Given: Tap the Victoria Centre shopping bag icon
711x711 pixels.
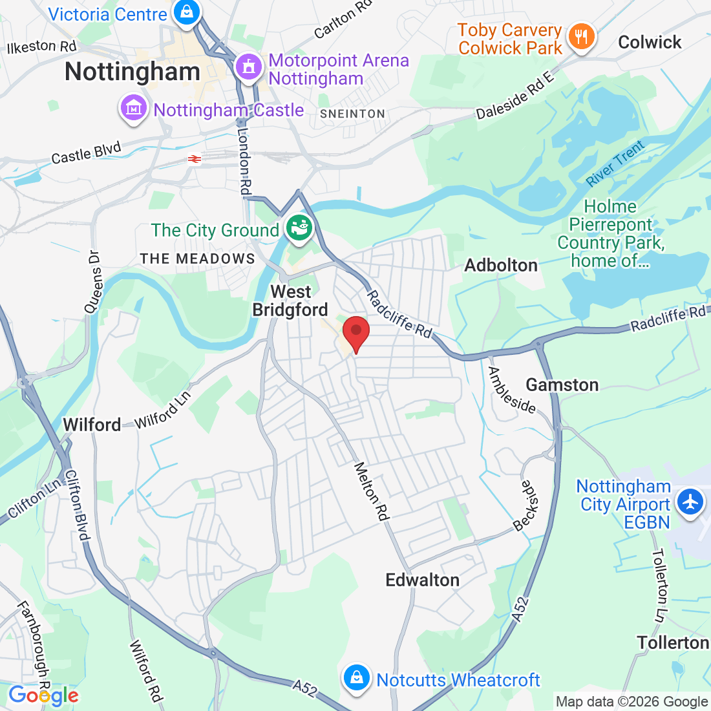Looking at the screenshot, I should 187,13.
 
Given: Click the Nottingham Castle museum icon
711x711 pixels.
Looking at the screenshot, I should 134,109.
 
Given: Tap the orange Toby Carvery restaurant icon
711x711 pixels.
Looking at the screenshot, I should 582,37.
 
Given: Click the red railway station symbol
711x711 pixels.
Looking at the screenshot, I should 195,158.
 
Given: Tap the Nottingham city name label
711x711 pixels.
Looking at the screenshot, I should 133,72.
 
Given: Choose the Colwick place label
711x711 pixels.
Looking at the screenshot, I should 650,43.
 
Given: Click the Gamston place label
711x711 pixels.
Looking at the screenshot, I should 562,385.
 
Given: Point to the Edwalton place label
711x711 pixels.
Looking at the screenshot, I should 422,580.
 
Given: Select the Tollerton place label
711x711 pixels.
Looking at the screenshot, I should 673,642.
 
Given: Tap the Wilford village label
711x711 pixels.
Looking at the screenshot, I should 92,425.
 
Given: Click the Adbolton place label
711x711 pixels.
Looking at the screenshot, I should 501,265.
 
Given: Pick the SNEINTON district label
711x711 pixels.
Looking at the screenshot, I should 352,114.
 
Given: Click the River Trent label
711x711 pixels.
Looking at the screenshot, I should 615,164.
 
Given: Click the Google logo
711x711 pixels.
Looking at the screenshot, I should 43,695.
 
